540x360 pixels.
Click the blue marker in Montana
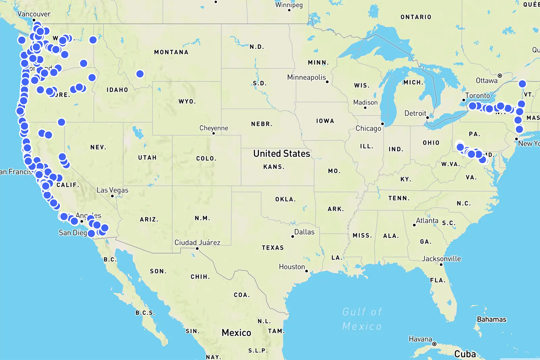pyautogui.click(x=140, y=74)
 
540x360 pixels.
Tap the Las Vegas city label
pyautogui.click(x=112, y=190)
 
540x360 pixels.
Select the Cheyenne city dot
pyautogui.click(x=214, y=133)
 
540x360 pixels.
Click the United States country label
pyautogui.click(x=281, y=154)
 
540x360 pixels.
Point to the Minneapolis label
pyautogui.click(x=306, y=77)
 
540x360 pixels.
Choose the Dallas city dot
pyautogui.click(x=293, y=237)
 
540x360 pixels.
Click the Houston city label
pyautogui.click(x=292, y=267)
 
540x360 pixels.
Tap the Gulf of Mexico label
pyautogui.click(x=362, y=319)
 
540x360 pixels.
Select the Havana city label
pyautogui.click(x=420, y=339)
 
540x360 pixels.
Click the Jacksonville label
pyautogui.click(x=441, y=259)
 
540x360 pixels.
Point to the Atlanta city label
pyautogui.click(x=427, y=221)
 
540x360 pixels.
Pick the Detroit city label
pyautogui.click(x=415, y=113)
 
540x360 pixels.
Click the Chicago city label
pyautogui.click(x=368, y=129)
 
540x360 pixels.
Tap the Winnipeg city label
pyautogui.click(x=289, y=5)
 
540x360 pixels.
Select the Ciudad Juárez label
pyautogui.click(x=197, y=243)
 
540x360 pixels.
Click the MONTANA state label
pyautogui.click(x=171, y=52)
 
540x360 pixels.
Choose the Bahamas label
pyautogui.click(x=491, y=319)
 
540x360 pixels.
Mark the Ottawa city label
pyautogui.click(x=486, y=81)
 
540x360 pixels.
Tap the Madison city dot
pyautogui.click(x=365, y=108)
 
